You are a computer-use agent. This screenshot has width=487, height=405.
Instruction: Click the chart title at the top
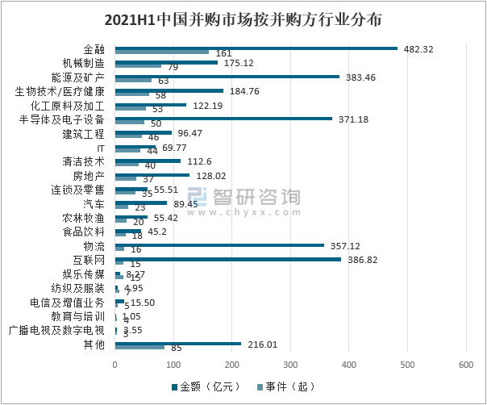243,18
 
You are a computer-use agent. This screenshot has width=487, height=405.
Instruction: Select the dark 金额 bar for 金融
256,48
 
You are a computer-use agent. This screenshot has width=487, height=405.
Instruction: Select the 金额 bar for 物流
219,245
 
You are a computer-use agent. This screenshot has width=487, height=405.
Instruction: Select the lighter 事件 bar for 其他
140,348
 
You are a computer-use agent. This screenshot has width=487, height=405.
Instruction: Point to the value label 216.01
261,344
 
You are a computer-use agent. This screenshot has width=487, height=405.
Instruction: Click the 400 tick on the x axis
349,365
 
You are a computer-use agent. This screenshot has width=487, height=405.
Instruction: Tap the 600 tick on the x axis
465,365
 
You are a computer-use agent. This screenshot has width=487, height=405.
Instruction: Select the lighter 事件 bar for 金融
162,52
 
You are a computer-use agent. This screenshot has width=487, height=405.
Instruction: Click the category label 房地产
89,177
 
